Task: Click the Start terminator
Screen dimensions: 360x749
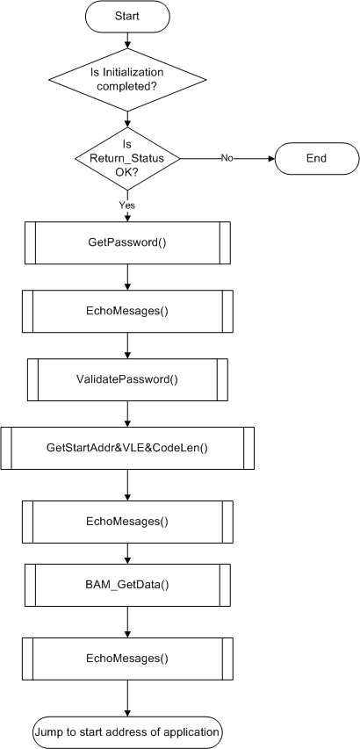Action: pos(127,16)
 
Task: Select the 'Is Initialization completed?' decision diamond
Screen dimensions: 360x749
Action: pos(127,79)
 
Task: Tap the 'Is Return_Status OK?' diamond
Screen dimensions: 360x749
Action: pos(127,158)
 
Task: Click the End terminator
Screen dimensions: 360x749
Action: pos(316,158)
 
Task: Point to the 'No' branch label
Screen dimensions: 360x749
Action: pos(227,158)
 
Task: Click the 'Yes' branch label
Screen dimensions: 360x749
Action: pos(127,205)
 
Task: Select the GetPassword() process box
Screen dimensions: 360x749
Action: pos(127,242)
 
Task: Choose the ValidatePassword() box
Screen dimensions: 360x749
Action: pos(127,379)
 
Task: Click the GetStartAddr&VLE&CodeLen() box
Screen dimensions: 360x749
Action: pos(127,448)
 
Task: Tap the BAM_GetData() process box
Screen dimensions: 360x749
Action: pos(127,585)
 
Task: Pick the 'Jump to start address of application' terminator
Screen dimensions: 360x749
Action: pos(127,732)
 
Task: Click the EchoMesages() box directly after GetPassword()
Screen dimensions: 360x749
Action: pos(127,311)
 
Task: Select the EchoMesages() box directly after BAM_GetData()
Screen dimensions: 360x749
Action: pos(127,659)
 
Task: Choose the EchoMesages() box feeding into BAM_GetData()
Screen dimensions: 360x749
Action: pos(127,522)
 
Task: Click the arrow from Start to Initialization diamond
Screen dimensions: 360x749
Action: pos(127,40)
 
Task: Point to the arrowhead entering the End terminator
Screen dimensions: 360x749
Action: pos(272,158)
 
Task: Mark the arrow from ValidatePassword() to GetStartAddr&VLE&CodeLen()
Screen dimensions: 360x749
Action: pos(127,414)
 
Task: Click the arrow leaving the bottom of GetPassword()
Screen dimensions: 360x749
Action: pos(127,277)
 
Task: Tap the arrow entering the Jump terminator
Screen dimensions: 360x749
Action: pos(127,698)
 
